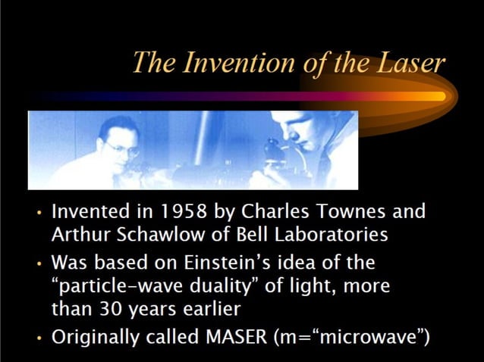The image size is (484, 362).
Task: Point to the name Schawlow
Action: click(x=155, y=234)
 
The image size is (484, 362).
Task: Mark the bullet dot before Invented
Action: click(x=39, y=212)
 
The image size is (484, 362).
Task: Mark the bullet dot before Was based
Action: click(x=39, y=264)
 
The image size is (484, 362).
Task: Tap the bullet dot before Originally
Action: click(x=39, y=339)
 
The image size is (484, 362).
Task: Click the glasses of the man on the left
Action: click(x=123, y=148)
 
